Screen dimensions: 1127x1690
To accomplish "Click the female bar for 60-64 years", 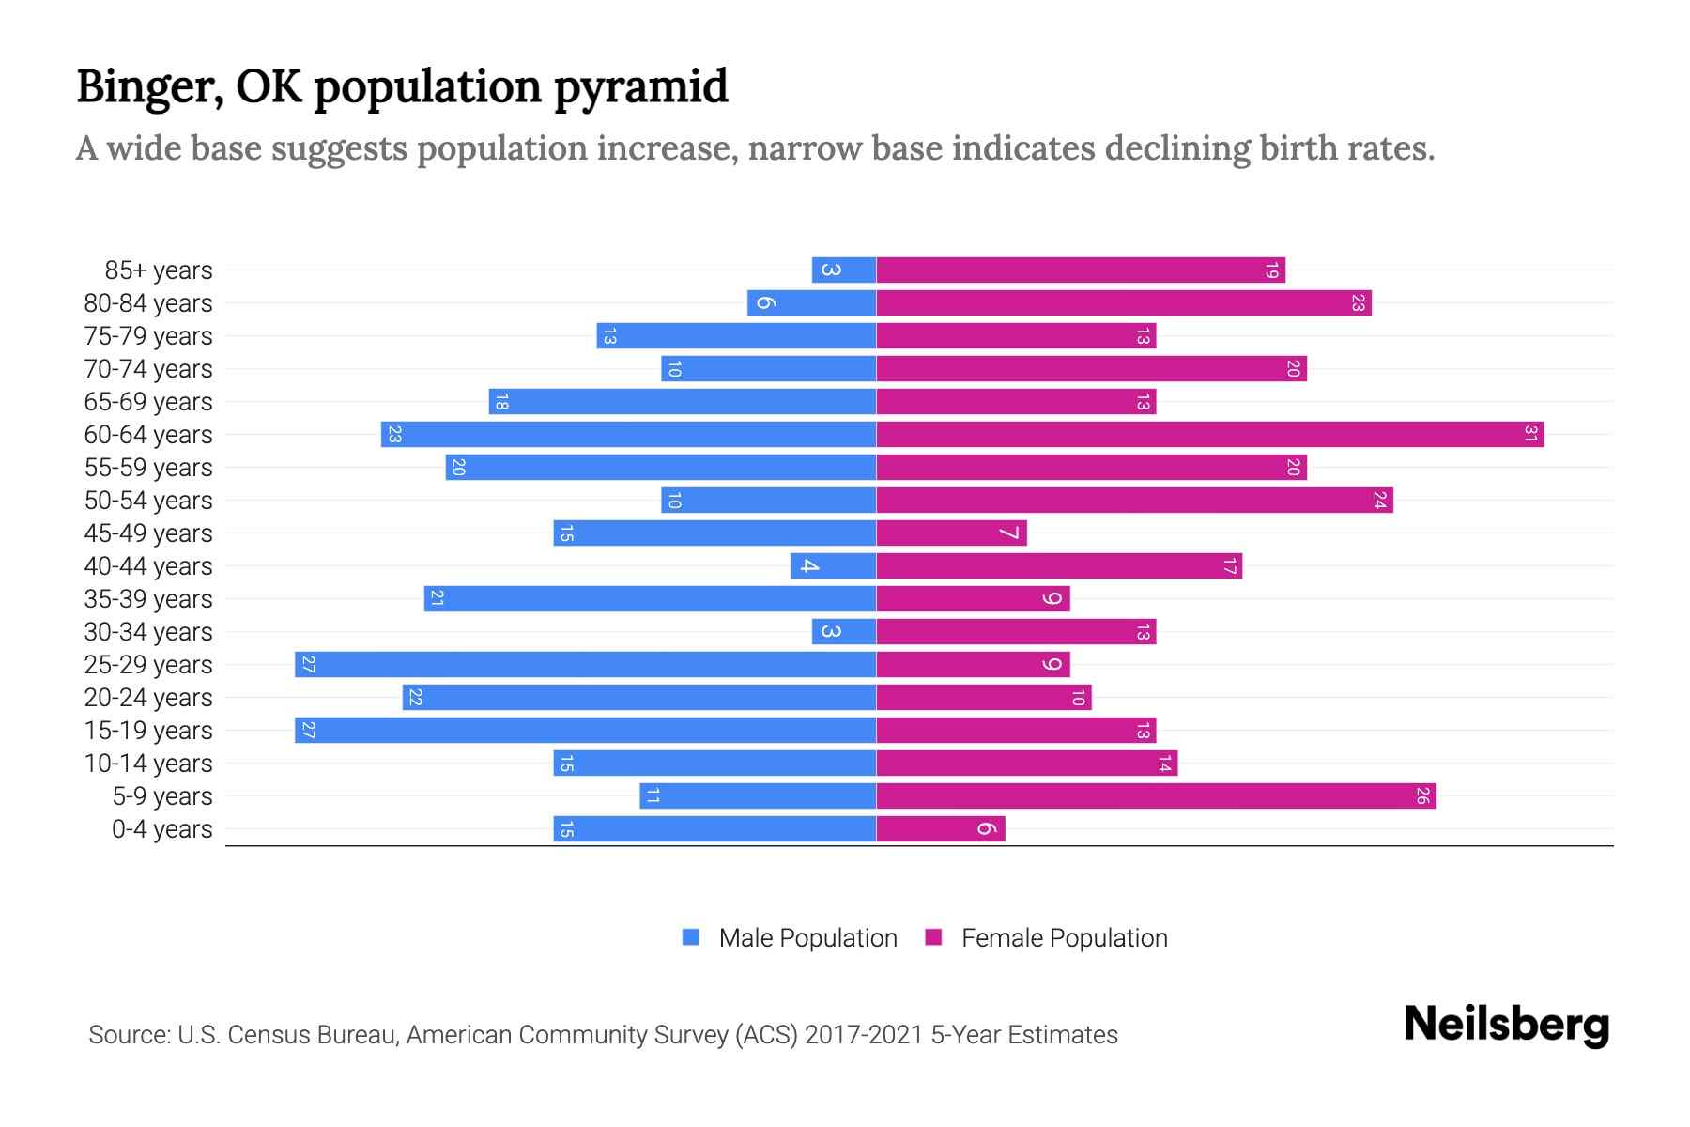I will [1209, 434].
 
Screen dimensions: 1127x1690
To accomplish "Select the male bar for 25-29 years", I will [585, 664].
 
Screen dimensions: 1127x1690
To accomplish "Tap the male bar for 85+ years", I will [843, 270].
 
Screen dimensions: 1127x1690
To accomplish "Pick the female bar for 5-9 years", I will [1156, 795].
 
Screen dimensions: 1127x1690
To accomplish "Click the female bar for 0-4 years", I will [940, 828].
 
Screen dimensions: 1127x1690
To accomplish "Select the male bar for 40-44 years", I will [833, 565].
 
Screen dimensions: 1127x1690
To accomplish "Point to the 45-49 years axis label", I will [148, 533].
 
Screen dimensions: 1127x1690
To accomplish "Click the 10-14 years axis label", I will [148, 763].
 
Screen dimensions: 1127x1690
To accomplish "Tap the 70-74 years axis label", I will [148, 368].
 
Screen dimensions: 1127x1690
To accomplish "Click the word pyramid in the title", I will [640, 87].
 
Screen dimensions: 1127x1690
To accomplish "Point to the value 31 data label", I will [1530, 434].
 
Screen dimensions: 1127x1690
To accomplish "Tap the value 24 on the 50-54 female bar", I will [1379, 500].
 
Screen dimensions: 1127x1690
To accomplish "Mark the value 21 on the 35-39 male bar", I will [437, 598].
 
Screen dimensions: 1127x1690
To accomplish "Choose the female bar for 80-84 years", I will [1123, 302].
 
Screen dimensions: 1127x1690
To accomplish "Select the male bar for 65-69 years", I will [682, 401].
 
